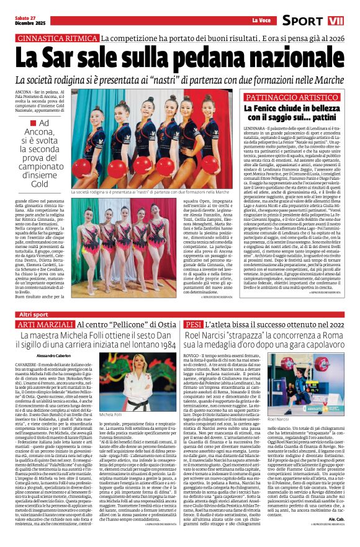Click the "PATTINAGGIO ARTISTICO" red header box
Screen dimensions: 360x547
coord(292,97)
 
